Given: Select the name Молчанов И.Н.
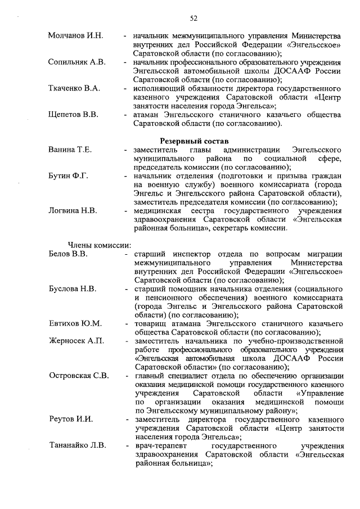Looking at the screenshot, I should [x=76, y=36].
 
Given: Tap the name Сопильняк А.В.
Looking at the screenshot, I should [x=77, y=62].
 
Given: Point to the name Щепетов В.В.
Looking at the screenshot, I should [x=73, y=115].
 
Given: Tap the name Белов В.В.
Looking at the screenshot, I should [x=68, y=254].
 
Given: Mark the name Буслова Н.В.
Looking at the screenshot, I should [x=73, y=289].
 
